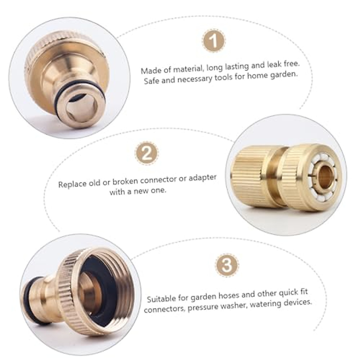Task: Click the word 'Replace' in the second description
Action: coord(72,183)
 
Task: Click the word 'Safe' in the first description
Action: coord(151,81)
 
